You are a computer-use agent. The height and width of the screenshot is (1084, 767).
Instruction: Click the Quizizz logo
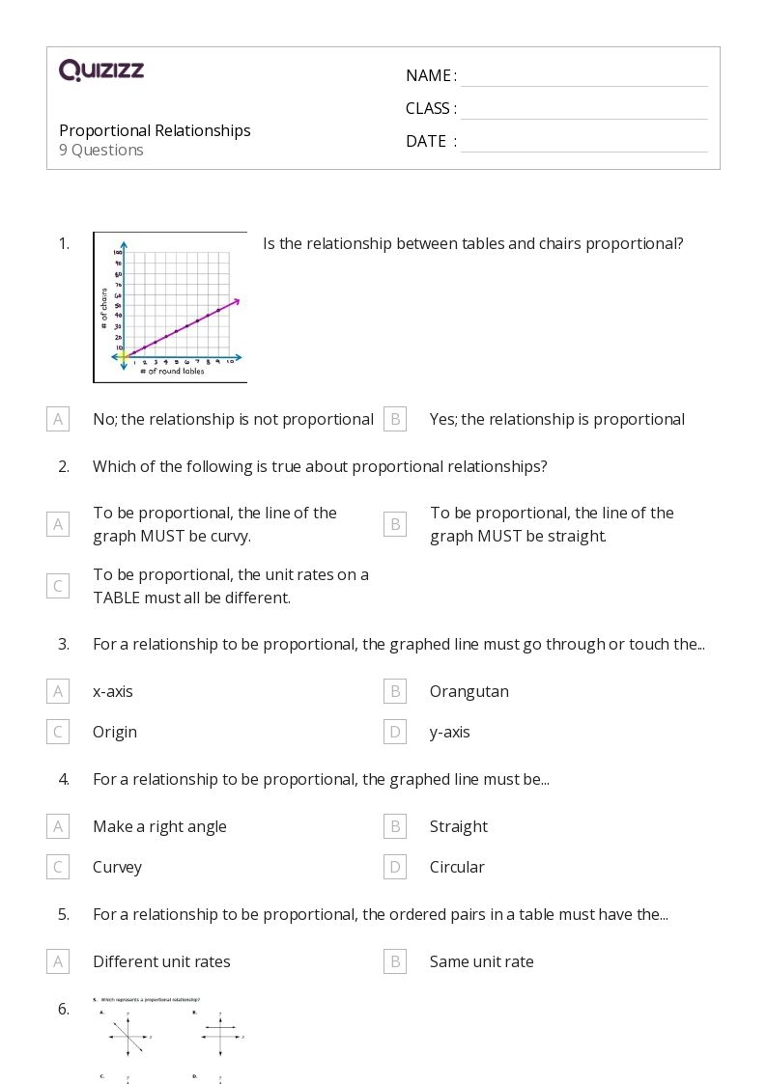pyautogui.click(x=101, y=69)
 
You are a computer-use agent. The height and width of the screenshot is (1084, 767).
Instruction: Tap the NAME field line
pyautogui.click(x=583, y=77)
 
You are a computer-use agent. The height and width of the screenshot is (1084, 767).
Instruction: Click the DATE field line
pyautogui.click(x=583, y=143)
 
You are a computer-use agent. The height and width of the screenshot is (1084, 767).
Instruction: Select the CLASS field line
pyautogui.click(x=583, y=110)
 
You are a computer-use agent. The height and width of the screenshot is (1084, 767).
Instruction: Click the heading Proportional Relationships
pyautogui.click(x=155, y=130)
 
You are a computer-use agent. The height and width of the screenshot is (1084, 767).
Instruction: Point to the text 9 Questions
pyautogui.click(x=101, y=151)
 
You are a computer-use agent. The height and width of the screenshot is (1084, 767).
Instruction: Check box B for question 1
pyautogui.click(x=394, y=419)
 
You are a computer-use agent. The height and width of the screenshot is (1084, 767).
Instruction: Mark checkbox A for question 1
pyautogui.click(x=58, y=419)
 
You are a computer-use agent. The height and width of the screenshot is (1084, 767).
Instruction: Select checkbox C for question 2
pyautogui.click(x=58, y=586)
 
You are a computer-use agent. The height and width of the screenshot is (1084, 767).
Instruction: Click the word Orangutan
pyautogui.click(x=469, y=691)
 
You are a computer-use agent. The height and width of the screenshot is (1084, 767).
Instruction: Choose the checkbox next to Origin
pyautogui.click(x=58, y=732)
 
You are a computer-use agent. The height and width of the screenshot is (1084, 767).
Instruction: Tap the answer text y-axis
pyautogui.click(x=449, y=732)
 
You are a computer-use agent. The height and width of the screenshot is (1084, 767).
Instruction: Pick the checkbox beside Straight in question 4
pyautogui.click(x=394, y=826)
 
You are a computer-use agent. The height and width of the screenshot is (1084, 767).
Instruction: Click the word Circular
pyautogui.click(x=457, y=867)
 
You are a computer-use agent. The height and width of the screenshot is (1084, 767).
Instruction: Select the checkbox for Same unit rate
pyautogui.click(x=394, y=961)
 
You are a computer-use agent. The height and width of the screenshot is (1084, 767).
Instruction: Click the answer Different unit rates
pyautogui.click(x=161, y=961)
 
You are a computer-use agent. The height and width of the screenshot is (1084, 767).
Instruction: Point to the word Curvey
pyautogui.click(x=117, y=867)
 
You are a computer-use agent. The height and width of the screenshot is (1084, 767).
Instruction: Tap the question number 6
pyautogui.click(x=64, y=1009)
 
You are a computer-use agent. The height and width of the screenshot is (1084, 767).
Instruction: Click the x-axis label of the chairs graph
pyautogui.click(x=171, y=372)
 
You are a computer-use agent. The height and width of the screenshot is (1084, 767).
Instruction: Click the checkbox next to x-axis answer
pyautogui.click(x=58, y=691)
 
